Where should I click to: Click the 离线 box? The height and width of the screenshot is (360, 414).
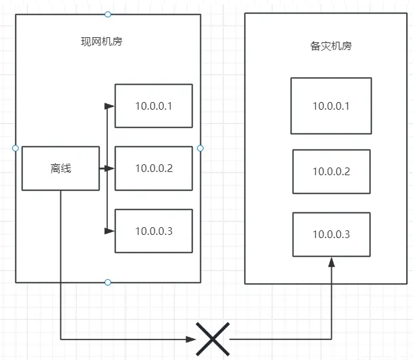[60, 168]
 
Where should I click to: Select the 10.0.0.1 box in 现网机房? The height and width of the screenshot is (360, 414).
[153, 106]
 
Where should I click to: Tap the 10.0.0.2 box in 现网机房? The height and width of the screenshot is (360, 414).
[153, 168]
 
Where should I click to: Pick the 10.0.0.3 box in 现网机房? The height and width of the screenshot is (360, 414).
[153, 231]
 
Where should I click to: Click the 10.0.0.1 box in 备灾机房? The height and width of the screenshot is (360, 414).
[331, 106]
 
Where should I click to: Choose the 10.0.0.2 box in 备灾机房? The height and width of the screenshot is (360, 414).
[331, 171]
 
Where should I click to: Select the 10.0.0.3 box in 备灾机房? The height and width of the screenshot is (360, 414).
[331, 234]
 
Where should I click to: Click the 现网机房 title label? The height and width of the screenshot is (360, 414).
[101, 42]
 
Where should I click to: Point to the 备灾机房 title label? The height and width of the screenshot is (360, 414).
[331, 46]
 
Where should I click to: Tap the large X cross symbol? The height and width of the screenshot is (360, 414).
[213, 338]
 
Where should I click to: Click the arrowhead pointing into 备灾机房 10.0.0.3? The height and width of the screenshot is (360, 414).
[332, 261]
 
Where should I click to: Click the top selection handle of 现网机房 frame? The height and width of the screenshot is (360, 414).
[108, 14]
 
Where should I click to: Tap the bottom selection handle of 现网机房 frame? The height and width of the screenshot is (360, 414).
[108, 282]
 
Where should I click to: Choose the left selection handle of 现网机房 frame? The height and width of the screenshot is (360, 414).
[15, 148]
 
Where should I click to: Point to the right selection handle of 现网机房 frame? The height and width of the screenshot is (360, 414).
[200, 148]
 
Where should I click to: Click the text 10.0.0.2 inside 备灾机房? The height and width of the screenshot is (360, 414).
[331, 171]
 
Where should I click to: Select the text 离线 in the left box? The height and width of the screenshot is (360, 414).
[60, 168]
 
